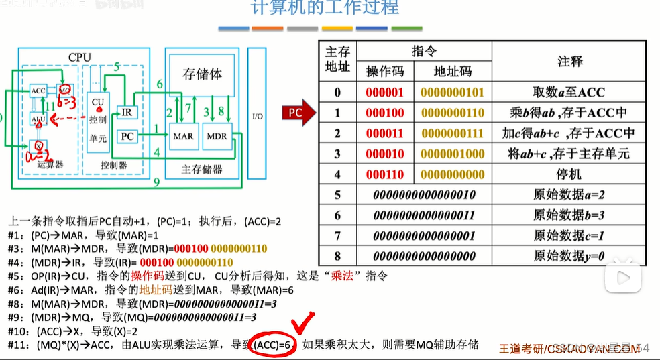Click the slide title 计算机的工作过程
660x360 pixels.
(325, 8)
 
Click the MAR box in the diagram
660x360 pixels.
(183, 136)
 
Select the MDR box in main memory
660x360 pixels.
(217, 136)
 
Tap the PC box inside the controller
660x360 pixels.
(127, 136)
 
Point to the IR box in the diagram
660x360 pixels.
(127, 112)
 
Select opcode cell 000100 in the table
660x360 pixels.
(385, 113)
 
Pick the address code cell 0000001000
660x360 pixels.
(453, 154)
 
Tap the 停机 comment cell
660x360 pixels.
(569, 174)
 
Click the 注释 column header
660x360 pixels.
(569, 61)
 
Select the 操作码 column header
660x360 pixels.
(385, 72)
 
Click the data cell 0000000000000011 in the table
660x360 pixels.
(424, 215)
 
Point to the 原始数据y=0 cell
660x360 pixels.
(569, 256)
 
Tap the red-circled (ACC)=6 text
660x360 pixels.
(274, 345)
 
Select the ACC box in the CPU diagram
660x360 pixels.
(38, 91)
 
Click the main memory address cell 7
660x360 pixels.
(337, 235)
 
